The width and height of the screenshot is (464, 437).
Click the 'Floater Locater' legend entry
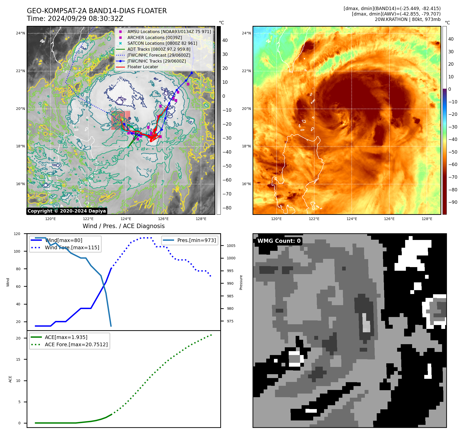143,67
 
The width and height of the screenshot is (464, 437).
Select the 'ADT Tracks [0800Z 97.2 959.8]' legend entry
159,49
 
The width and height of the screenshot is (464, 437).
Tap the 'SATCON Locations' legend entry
162,43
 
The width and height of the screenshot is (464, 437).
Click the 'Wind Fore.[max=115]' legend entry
72,247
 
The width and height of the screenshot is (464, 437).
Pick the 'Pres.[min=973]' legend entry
196,240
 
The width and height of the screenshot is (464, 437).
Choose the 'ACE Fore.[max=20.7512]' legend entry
76,344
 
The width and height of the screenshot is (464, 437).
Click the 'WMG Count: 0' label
279,241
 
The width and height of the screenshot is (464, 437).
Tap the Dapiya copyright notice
67,211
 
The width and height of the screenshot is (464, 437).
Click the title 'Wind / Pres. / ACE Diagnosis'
123,226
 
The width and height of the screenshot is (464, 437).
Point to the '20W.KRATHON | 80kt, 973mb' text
407,19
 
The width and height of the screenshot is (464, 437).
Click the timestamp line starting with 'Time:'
75,19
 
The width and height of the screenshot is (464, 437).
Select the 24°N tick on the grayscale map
20,33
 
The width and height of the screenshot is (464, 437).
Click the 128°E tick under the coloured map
427,219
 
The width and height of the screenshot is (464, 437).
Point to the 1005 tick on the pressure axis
231,246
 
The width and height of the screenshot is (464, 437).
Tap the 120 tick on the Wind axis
17,234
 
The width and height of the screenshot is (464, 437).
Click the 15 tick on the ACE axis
18,359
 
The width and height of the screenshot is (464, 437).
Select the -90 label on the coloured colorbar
453,202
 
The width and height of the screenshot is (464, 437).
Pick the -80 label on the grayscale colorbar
227,208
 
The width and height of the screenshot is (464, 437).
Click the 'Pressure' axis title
241,282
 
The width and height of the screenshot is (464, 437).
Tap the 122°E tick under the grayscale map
88,219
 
